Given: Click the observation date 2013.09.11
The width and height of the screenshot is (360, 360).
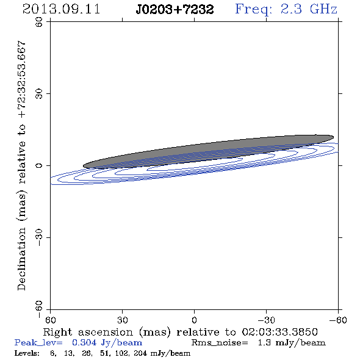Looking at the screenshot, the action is point(61,9).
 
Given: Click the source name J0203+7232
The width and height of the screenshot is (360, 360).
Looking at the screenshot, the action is point(175,9).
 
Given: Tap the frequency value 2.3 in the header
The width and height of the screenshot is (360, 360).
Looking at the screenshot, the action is point(291,9).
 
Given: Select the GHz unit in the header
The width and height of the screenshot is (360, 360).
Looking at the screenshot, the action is point(323,9).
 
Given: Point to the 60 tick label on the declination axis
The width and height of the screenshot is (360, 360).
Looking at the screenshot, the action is point(39,22).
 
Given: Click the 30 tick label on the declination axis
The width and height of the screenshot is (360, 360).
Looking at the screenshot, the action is point(39,94).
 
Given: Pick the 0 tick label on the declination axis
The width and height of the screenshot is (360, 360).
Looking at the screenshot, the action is point(39,165).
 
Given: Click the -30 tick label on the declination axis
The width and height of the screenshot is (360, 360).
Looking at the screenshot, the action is point(39,237).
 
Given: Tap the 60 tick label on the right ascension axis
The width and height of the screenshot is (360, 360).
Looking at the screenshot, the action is point(50,320).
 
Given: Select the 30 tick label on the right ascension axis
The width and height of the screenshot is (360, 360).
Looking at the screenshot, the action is point(123,320).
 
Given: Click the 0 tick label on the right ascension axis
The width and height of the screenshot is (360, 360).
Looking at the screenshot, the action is point(195,320).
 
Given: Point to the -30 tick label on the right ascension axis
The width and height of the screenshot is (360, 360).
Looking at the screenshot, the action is point(266,320).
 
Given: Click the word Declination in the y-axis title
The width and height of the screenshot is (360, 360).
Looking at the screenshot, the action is point(21,259).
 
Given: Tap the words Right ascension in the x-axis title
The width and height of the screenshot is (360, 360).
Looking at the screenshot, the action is point(88,332).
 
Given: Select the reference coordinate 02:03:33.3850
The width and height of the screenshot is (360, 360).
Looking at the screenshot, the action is point(279,332).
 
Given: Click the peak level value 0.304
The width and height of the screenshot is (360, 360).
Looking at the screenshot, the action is point(84,342).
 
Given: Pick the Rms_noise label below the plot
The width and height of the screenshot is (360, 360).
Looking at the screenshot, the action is point(220,343).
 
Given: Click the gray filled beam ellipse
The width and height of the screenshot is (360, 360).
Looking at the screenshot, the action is point(208,152).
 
